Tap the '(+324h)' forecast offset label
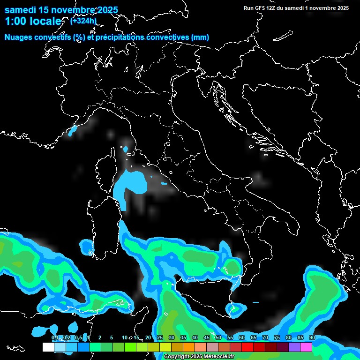click(83, 21)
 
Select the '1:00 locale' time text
click(33, 21)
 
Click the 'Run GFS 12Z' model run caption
click(262, 8)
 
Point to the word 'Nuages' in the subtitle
click(18, 37)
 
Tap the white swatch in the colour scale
click(48, 347)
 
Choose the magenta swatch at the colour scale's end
click(306, 347)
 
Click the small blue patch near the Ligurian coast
click(72, 131)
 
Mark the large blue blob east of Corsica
click(129, 185)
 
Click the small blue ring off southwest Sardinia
click(87, 247)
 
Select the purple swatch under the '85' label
click(294, 347)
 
